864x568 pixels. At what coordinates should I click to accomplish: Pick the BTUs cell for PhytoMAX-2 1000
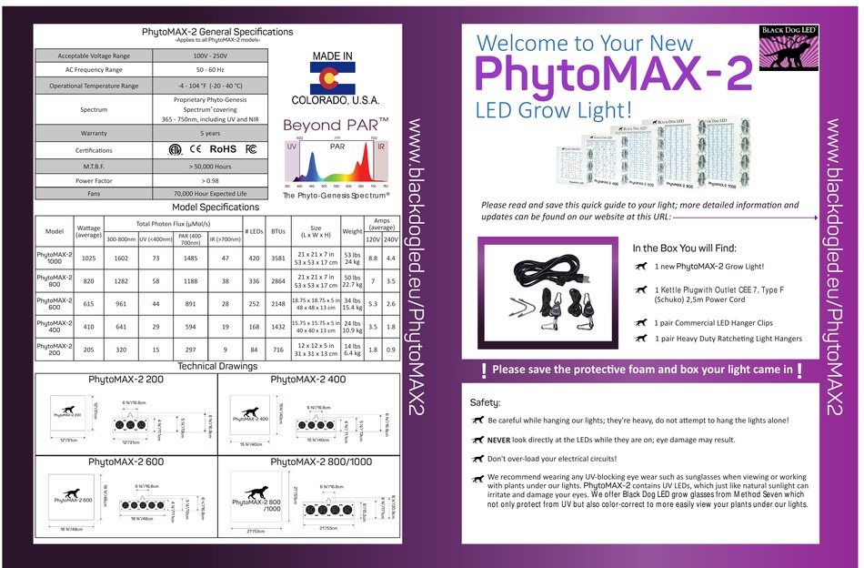coord(278,259)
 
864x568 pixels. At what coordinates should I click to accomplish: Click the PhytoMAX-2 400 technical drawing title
coord(308,379)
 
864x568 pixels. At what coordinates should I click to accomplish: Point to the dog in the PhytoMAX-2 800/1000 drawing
coord(256,492)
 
